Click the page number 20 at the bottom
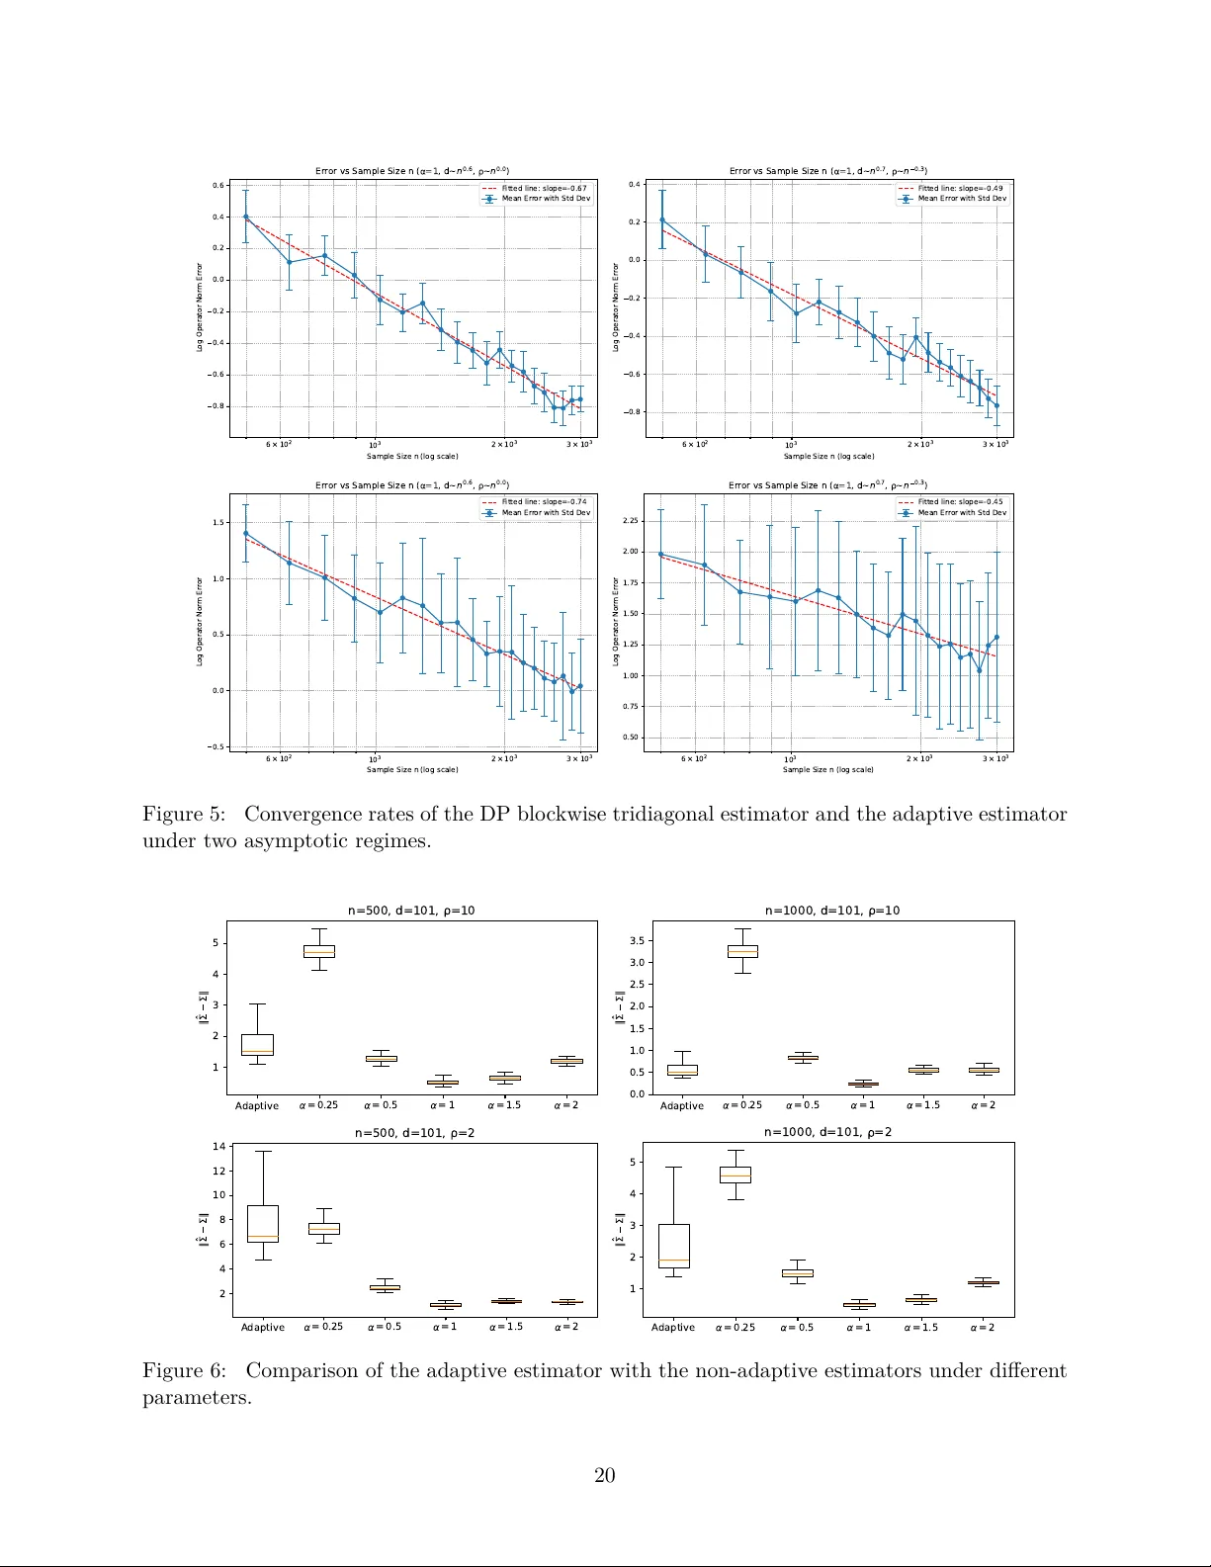604,1475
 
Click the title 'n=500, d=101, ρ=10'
411,911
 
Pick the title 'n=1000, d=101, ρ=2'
827,1132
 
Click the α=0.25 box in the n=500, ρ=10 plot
318,951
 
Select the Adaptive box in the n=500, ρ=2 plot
263,1224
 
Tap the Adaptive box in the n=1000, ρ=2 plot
673,1246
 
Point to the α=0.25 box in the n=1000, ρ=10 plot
742,951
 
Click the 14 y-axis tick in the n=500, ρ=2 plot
219,1147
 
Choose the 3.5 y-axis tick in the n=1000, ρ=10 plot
637,941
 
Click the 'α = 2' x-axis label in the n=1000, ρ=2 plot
982,1327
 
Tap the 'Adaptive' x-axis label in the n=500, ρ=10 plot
256,1105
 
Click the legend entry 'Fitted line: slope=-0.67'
543,188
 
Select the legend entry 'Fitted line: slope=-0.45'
959,501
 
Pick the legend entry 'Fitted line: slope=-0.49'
959,188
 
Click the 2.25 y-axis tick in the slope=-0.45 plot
631,521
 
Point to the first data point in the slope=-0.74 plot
246,534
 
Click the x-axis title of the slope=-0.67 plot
412,457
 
